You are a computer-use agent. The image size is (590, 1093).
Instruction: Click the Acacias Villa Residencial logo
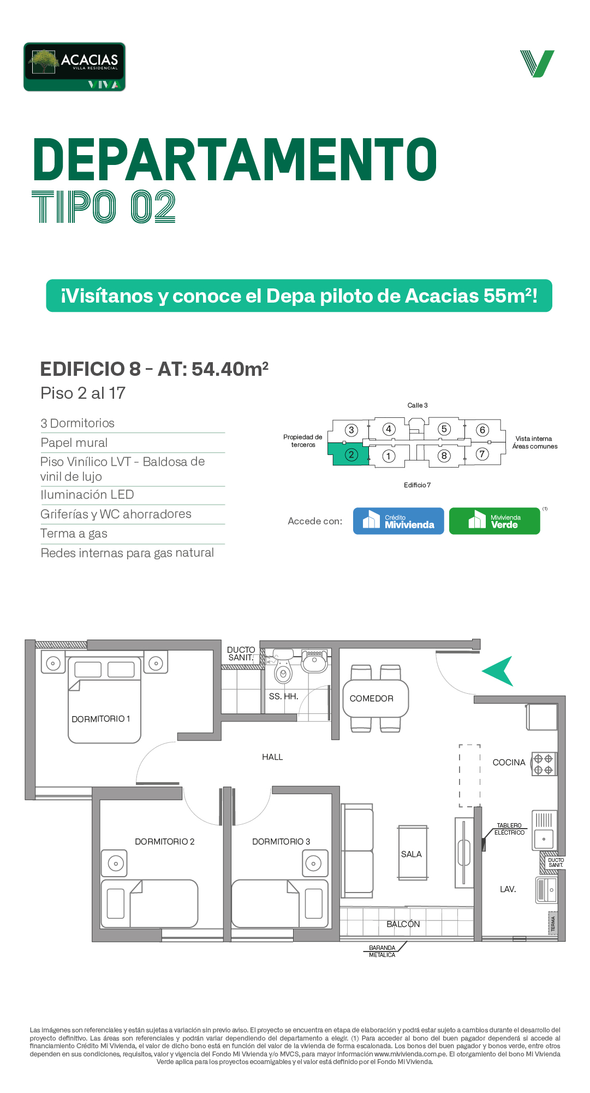(74, 67)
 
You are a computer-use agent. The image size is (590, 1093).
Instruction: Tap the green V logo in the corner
(537, 64)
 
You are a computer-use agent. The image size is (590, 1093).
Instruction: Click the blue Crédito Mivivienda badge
(398, 521)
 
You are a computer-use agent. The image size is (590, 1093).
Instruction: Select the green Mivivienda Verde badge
(494, 521)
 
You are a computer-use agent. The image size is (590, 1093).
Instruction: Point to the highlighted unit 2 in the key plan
(348, 454)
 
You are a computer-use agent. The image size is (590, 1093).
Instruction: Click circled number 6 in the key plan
(482, 430)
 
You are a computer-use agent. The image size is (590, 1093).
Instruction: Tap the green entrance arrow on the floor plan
(498, 671)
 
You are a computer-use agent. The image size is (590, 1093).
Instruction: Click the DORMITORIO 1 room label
(101, 719)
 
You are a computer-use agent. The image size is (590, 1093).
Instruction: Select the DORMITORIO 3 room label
(281, 842)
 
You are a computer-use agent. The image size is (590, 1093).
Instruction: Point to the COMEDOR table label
(372, 699)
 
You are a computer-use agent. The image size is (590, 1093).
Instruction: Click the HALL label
(272, 757)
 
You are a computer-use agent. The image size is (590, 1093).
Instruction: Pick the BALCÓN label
(403, 924)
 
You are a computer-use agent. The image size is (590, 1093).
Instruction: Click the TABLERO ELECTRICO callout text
(509, 829)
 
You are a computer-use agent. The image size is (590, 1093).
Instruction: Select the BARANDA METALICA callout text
(382, 952)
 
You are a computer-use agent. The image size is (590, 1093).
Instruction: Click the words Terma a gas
(74, 534)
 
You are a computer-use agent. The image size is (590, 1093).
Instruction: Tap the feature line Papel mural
(74, 443)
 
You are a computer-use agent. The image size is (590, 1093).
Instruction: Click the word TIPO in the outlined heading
(74, 207)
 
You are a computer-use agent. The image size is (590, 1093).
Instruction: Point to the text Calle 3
(418, 405)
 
